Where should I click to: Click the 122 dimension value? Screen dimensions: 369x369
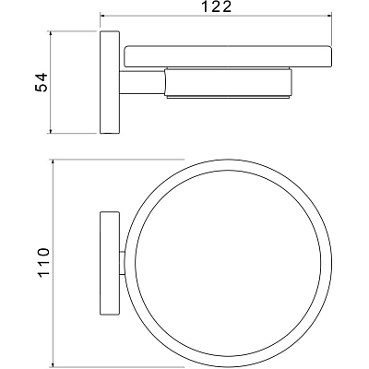click(216, 6)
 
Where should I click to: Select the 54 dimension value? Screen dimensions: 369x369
click(41, 82)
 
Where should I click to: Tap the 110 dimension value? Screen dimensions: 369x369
click(43, 262)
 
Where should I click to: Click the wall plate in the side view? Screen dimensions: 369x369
click(110, 82)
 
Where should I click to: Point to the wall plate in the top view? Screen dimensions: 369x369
click(110, 263)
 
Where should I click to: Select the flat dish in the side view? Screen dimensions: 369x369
click(228, 56)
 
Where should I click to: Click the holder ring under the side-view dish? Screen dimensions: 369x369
click(228, 82)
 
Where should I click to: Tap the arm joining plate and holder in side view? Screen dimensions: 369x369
click(142, 82)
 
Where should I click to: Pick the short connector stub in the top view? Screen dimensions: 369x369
click(122, 263)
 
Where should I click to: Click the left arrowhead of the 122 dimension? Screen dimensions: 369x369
click(103, 15)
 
